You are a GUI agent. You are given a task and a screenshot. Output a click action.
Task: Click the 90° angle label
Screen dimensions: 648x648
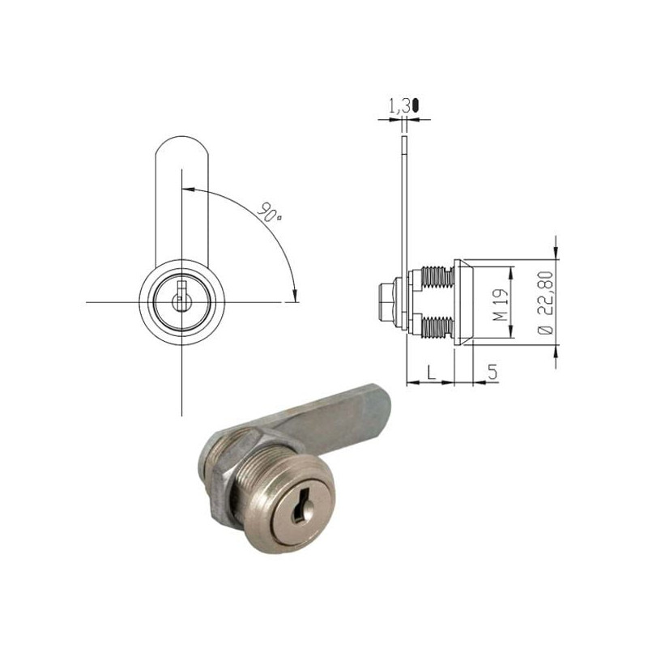click(270, 213)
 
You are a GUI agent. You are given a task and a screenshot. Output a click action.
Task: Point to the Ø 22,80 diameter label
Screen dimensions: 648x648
click(544, 304)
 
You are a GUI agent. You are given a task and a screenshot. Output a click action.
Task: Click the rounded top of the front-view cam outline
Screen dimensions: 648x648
click(182, 147)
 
